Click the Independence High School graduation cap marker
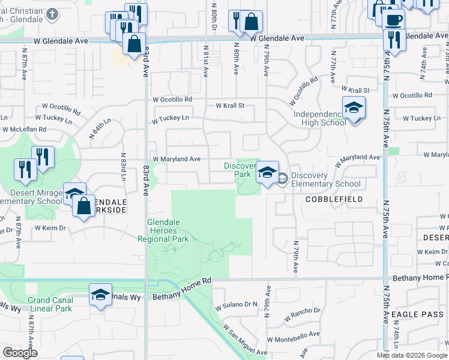click(x=354, y=108)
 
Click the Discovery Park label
click(x=238, y=170)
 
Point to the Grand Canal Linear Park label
click(x=50, y=304)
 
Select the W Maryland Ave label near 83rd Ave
click(x=176, y=159)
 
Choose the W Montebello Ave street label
click(x=294, y=339)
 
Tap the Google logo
click(x=20, y=353)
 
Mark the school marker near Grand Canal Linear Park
click(x=101, y=295)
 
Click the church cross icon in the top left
click(x=52, y=13)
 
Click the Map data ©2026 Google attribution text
click(x=412, y=355)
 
